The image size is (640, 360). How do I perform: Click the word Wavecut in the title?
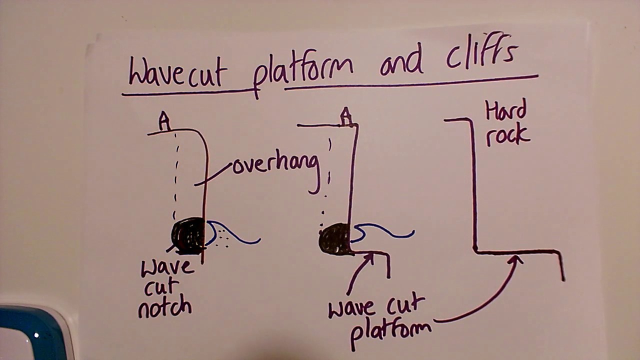point(177,72)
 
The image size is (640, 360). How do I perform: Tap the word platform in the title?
point(302,70)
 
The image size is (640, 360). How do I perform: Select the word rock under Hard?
point(507,135)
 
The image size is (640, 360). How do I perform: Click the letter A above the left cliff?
point(164,121)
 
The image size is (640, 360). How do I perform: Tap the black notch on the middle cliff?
point(334,239)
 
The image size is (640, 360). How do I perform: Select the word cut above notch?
point(162,287)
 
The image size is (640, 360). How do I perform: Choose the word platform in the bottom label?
point(390,330)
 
